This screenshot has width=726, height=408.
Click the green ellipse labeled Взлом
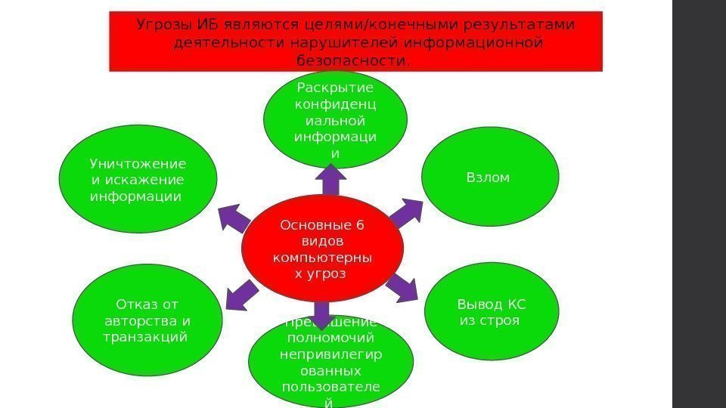click(x=490, y=178)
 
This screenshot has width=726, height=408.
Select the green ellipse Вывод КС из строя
click(x=492, y=311)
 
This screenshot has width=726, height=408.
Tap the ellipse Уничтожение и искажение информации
click(x=138, y=180)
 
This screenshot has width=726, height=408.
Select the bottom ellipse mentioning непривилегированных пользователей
click(x=330, y=363)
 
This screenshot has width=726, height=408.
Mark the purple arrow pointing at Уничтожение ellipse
click(x=235, y=218)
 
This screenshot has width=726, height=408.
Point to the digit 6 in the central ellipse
click(x=360, y=224)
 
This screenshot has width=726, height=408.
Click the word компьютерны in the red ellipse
click(x=322, y=256)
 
